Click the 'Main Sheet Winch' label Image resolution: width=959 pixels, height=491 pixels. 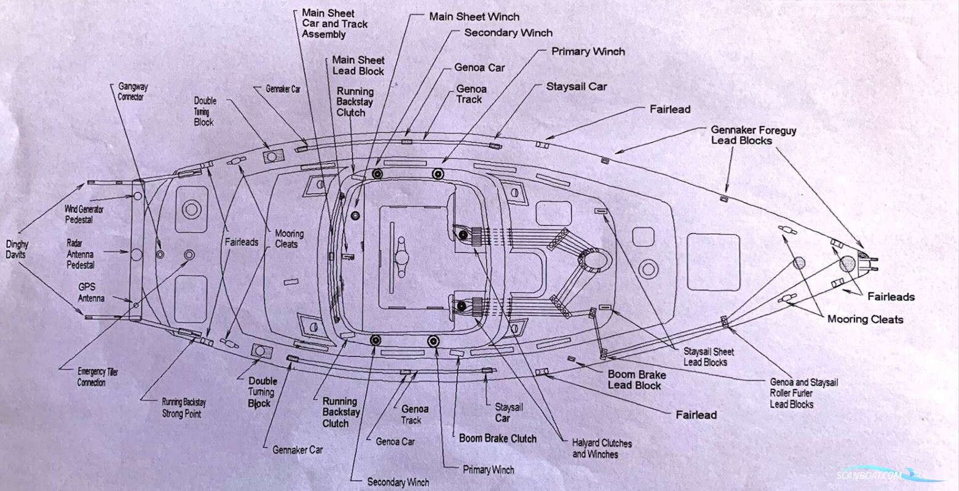coord(473,17)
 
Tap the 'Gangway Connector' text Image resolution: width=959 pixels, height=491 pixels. coord(132,92)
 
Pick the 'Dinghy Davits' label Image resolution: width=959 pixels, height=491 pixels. coord(17,249)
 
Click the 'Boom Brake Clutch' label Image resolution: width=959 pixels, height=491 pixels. coord(497,439)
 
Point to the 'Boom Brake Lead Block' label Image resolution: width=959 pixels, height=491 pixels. coord(634,380)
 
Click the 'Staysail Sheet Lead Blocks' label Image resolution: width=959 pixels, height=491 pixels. coord(708,357)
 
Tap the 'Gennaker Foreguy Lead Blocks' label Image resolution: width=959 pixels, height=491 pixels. coord(753,135)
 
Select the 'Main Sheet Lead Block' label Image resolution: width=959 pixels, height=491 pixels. coord(358,65)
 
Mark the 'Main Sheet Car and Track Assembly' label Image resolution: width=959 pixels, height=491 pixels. coord(334,23)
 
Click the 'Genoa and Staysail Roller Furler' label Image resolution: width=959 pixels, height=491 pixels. coord(803,393)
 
